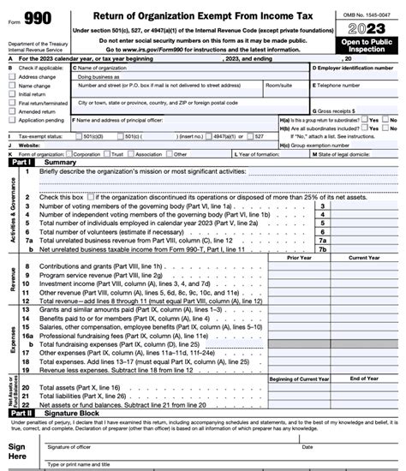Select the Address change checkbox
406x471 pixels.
click(11, 76)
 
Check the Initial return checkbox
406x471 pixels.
click(11, 95)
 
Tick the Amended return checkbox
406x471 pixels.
click(11, 111)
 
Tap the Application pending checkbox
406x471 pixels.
click(11, 121)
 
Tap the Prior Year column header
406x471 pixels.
click(300, 257)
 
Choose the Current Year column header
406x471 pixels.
click(364, 257)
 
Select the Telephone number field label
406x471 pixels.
click(343, 86)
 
